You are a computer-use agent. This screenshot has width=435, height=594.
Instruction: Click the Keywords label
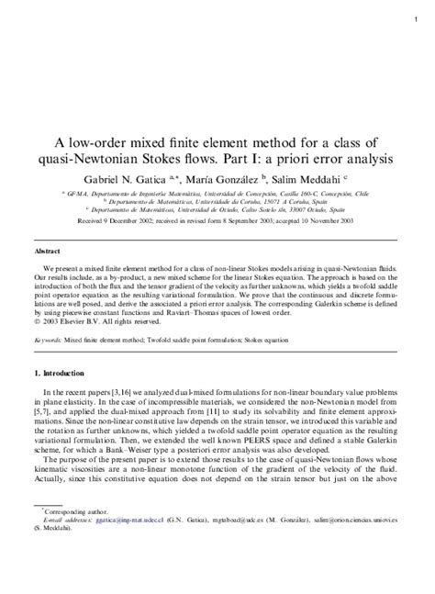coord(48,339)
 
